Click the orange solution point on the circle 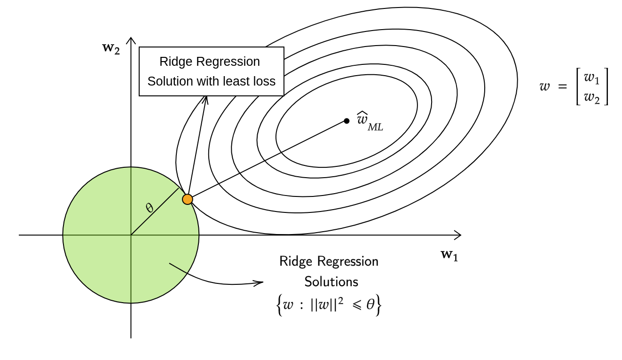click(188, 199)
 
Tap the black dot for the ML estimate click(346, 121)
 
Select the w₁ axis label click(449, 255)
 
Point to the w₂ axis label click(111, 48)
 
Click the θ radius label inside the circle click(150, 208)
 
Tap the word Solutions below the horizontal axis click(331, 282)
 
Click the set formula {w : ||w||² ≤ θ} click(329, 305)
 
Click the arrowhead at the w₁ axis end click(458, 235)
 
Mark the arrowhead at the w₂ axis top click(131, 40)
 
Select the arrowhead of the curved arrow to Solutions click(260, 283)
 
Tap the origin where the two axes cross click(131, 235)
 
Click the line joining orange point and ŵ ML click(268, 160)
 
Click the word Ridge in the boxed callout click(173, 62)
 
